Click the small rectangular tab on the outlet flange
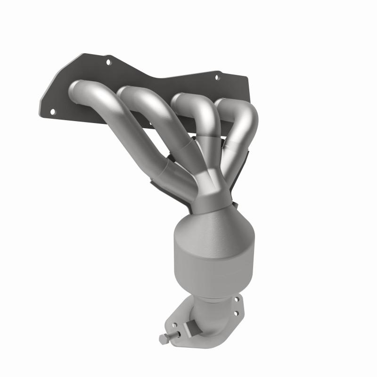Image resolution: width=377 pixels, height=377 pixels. pyautogui.click(x=192, y=326)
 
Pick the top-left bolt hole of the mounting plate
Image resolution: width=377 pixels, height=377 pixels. pyautogui.click(x=108, y=62)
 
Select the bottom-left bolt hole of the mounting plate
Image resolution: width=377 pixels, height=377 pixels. pyautogui.click(x=52, y=111)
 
